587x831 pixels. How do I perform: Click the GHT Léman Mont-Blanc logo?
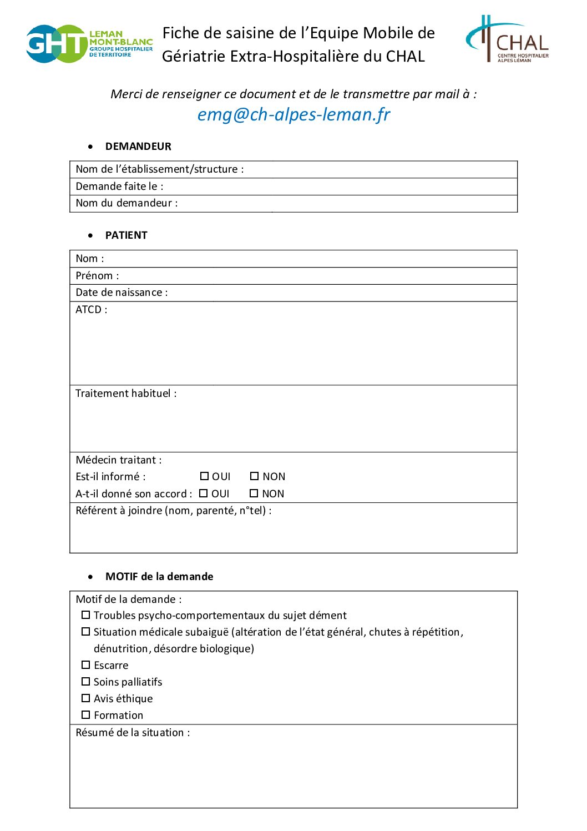[x=89, y=44]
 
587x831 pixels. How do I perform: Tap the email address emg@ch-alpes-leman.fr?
[x=293, y=114]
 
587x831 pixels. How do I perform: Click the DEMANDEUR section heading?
[x=138, y=147]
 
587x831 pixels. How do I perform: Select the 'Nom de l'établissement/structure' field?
[x=159, y=169]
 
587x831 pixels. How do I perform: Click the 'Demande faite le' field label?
[x=119, y=187]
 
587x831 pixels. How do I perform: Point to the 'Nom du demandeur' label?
[x=126, y=203]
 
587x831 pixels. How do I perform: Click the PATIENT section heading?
[x=126, y=235]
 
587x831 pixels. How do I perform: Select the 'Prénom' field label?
[x=97, y=276]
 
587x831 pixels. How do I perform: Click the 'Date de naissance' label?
[x=122, y=293]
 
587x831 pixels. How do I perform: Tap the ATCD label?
[x=91, y=310]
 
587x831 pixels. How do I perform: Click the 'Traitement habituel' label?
[x=126, y=394]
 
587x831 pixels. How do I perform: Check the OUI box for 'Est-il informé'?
[x=204, y=476]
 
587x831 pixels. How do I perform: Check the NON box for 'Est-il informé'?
[x=255, y=476]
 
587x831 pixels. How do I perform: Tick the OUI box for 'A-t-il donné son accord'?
[x=204, y=493]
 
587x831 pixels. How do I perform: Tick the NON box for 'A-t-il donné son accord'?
[x=254, y=493]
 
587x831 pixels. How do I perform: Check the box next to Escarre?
[x=86, y=665]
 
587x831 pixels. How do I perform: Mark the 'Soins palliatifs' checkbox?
[x=86, y=682]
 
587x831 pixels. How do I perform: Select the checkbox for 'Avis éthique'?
[x=86, y=698]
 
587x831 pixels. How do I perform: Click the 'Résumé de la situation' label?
[x=133, y=733]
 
